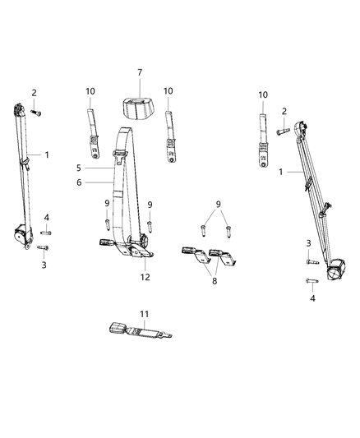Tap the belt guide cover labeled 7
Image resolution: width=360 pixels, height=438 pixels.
coord(139,108)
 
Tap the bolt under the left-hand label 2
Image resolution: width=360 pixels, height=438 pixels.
coord(36,111)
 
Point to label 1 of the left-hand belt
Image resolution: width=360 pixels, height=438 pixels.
coord(47,154)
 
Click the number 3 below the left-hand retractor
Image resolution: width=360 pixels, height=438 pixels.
coord(44,265)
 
